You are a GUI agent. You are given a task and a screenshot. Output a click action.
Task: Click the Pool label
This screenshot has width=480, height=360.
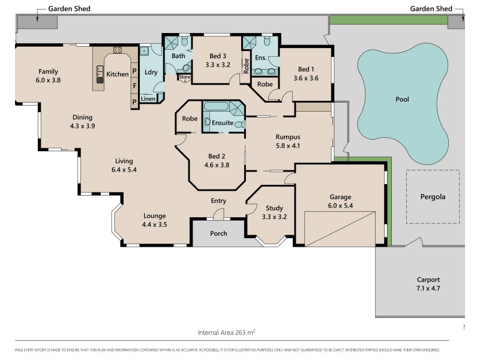[402, 99]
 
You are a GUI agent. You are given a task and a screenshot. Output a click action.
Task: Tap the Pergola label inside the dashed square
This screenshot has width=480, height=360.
[432, 196]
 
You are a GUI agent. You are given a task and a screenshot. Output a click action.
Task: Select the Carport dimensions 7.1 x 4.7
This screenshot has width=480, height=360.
[428, 288]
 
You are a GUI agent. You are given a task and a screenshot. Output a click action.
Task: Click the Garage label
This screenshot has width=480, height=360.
[340, 196]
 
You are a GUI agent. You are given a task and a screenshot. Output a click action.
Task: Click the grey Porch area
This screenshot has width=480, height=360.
[218, 233]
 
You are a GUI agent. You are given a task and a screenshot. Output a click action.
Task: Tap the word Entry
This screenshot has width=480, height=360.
[218, 201]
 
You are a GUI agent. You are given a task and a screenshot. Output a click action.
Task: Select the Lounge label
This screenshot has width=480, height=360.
[154, 216]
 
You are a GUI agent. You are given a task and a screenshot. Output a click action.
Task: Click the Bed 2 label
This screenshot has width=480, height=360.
[217, 156]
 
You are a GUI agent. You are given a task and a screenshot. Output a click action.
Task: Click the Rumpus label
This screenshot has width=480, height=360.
[287, 137]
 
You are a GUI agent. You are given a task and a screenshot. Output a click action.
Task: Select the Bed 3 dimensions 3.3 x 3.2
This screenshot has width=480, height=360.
[218, 65]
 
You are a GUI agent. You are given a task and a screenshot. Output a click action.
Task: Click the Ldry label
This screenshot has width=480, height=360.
[151, 73]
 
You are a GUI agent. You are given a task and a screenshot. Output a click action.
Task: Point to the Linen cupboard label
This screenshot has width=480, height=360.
[148, 98]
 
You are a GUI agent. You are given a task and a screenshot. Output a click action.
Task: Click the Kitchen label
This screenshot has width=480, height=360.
[117, 74]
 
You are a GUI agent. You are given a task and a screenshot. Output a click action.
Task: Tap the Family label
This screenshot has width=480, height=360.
[48, 71]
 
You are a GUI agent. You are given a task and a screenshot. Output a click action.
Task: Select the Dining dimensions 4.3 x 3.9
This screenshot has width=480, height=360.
[83, 126]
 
